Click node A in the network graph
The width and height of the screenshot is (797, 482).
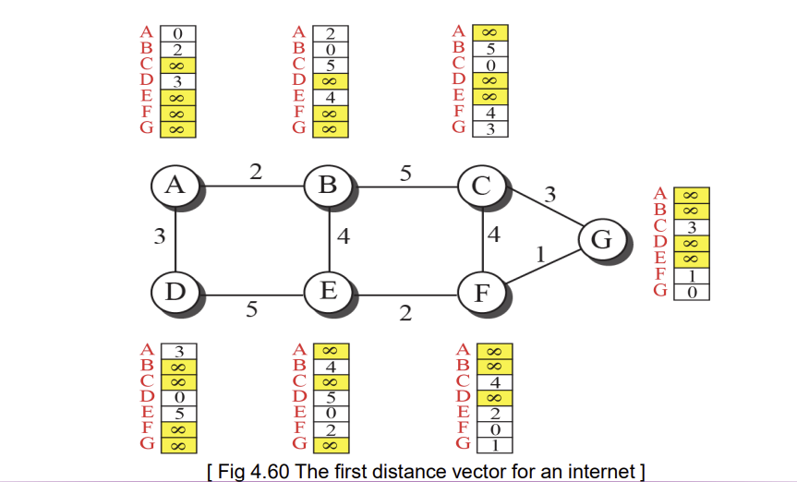(x=175, y=186)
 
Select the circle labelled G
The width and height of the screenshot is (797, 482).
(x=603, y=239)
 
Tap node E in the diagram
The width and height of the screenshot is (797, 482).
(x=329, y=292)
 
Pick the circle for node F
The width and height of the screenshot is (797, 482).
(x=482, y=294)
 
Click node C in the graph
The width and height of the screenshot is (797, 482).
(x=482, y=186)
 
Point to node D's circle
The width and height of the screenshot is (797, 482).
(x=175, y=292)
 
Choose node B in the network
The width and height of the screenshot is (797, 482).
(x=329, y=186)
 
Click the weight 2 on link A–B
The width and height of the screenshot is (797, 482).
(x=256, y=172)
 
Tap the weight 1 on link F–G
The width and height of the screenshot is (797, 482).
(x=541, y=254)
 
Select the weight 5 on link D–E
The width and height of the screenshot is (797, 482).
(x=251, y=308)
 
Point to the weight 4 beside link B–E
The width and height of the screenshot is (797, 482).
(x=344, y=236)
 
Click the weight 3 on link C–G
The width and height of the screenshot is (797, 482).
(x=550, y=195)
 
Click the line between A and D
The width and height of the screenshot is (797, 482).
(x=175, y=239)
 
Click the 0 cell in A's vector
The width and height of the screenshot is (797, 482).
(x=178, y=33)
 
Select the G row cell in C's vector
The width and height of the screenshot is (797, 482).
(x=490, y=129)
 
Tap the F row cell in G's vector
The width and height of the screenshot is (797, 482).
(x=692, y=276)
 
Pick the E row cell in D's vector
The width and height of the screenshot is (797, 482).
(x=179, y=414)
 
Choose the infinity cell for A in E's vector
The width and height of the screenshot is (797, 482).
(x=332, y=351)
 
